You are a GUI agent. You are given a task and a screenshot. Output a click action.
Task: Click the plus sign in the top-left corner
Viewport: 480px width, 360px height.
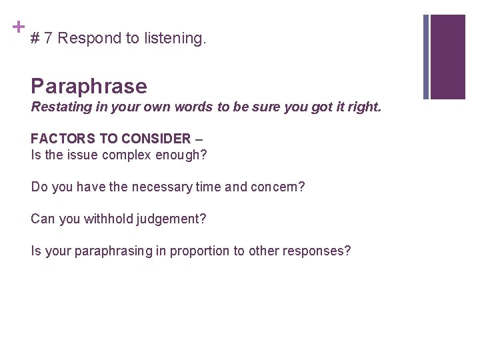18,27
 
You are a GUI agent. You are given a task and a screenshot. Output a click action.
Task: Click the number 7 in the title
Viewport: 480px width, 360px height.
48,39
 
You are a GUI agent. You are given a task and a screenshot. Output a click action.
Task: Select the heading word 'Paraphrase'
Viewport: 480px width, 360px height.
89,86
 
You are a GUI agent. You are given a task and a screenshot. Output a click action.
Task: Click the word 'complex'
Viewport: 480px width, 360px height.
131,155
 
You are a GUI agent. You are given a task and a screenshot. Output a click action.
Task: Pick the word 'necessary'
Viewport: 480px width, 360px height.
162,187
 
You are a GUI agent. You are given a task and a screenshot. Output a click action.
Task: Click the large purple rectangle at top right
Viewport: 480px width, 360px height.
448,57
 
